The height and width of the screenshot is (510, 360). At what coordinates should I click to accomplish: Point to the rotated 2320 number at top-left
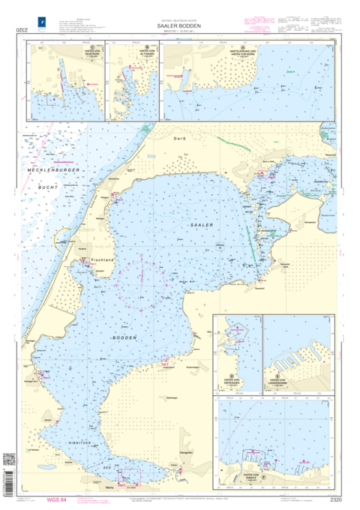pos(11,29)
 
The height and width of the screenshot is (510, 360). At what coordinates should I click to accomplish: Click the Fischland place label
pos(101,259)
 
